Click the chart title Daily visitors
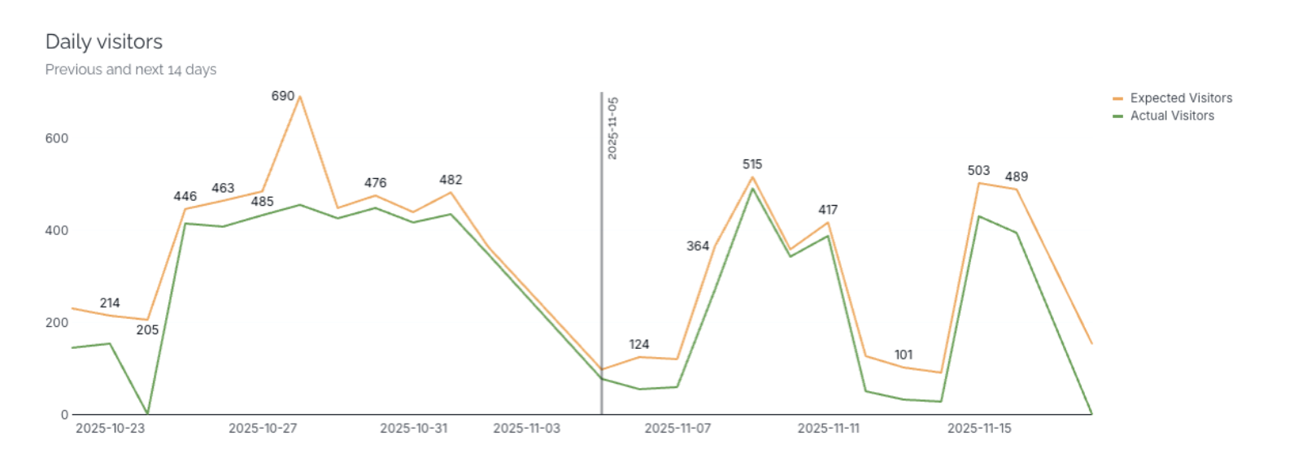pos(104,42)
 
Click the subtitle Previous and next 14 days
pos(131,70)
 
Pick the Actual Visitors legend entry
pos(1172,116)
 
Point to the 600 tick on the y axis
pos(57,139)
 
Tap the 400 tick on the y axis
pos(57,231)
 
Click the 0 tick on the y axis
pos(65,415)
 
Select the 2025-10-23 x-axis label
pos(111,429)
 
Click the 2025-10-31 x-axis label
pos(414,429)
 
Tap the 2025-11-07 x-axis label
pos(677,429)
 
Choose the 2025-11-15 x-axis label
pos(979,429)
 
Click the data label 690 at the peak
pos(283,96)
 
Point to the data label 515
pos(752,164)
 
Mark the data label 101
pos(904,355)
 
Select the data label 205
pos(147,330)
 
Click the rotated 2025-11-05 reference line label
pos(612,129)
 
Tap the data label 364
pos(698,246)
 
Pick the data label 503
pos(978,171)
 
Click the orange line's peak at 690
pos(300,97)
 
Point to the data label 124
pos(639,345)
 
